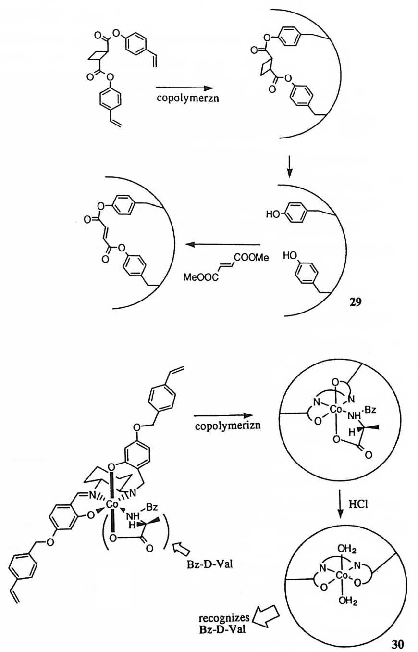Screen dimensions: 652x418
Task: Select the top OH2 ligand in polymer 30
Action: [337, 544]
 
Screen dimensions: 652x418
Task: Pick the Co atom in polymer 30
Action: [332, 571]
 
